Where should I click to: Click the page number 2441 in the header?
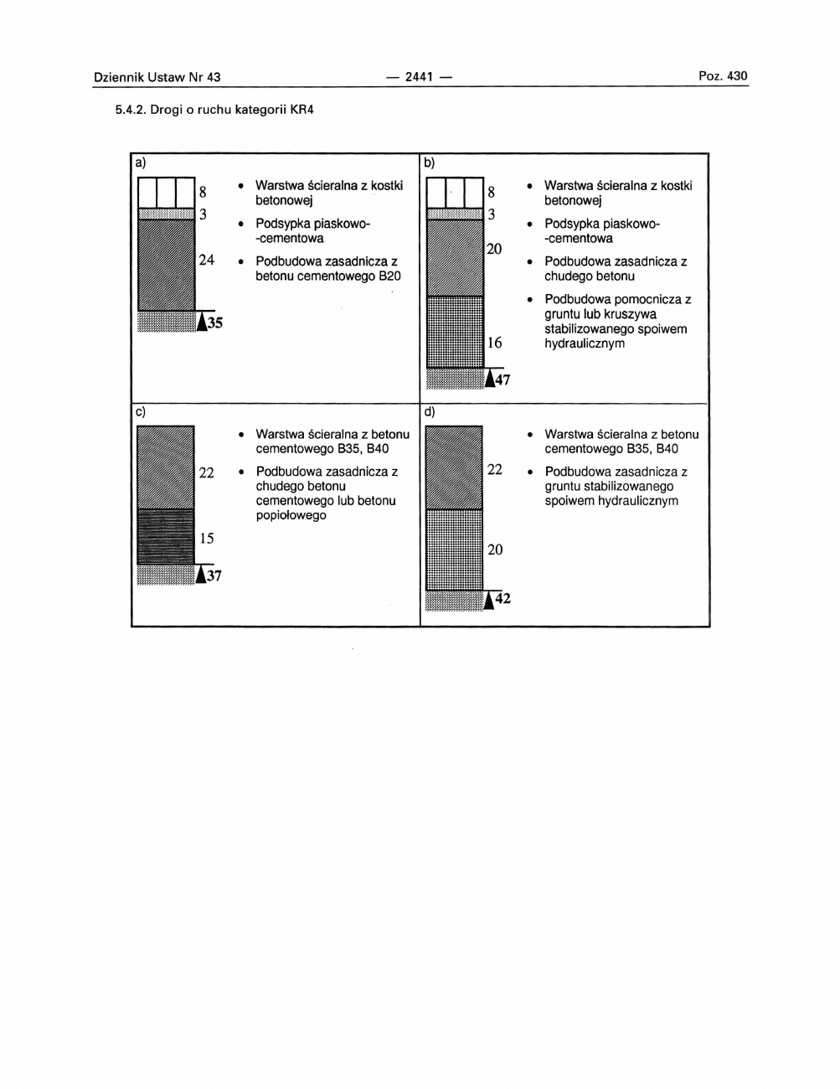[x=419, y=77]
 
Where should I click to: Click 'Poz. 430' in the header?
[x=723, y=76]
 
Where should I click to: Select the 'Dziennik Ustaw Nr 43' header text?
[x=157, y=77]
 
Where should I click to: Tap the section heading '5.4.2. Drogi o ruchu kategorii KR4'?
[x=214, y=110]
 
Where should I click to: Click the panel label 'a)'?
[x=141, y=163]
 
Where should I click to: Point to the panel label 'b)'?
[x=430, y=163]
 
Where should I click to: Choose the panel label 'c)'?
[x=141, y=411]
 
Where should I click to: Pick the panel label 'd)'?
[x=430, y=411]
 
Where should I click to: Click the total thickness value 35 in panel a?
[x=215, y=323]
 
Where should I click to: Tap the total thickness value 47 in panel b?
[x=502, y=379]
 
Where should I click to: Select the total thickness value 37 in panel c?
[x=214, y=575]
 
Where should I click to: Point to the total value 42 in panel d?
[x=502, y=598]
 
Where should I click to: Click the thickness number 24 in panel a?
[x=206, y=260]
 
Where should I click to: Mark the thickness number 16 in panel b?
[x=494, y=343]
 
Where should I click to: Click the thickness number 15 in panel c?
[x=206, y=538]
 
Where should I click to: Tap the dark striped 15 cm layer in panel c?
[x=165, y=537]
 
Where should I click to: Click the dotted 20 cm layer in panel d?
[x=454, y=550]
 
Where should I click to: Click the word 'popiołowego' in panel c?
[x=291, y=515]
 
